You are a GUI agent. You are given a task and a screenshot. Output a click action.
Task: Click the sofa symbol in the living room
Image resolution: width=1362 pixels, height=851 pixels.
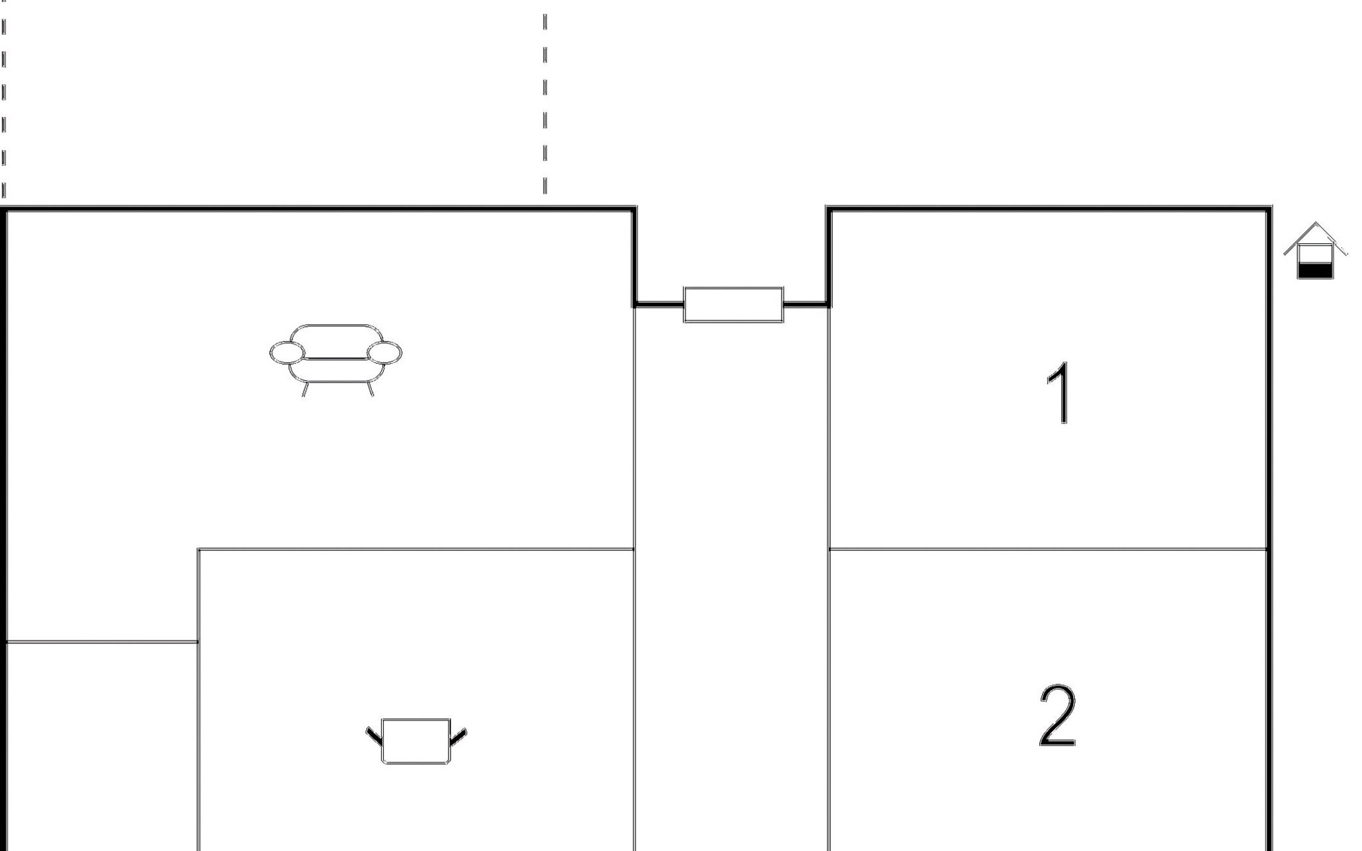(x=335, y=355)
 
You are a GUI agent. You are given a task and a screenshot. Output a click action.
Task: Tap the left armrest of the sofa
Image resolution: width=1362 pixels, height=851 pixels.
(x=287, y=352)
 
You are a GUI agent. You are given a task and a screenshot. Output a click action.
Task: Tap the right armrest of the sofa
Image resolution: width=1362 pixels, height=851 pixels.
(x=384, y=352)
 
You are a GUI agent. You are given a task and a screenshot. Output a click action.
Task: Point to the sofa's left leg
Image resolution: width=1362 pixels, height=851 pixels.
(x=304, y=389)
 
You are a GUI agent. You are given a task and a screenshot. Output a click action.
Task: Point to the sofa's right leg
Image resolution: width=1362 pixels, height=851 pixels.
(x=370, y=389)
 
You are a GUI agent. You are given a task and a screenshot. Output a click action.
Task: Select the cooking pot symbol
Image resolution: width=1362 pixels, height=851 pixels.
(x=416, y=741)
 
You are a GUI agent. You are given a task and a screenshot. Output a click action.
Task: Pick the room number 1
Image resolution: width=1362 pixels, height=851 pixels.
(x=1059, y=393)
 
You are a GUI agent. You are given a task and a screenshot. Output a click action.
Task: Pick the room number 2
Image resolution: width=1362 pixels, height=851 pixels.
(x=1057, y=716)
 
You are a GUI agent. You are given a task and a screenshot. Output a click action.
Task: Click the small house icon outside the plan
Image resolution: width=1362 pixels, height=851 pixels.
(x=1315, y=252)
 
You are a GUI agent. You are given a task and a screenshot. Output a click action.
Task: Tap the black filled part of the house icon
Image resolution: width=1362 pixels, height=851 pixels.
(x=1314, y=270)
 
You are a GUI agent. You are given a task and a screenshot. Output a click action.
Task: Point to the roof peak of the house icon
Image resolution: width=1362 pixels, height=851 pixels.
(x=1317, y=225)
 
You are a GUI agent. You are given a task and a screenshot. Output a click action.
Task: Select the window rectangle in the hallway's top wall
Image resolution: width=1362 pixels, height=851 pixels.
(x=733, y=305)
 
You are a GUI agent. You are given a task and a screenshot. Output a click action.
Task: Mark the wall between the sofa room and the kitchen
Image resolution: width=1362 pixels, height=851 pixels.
(x=416, y=549)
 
